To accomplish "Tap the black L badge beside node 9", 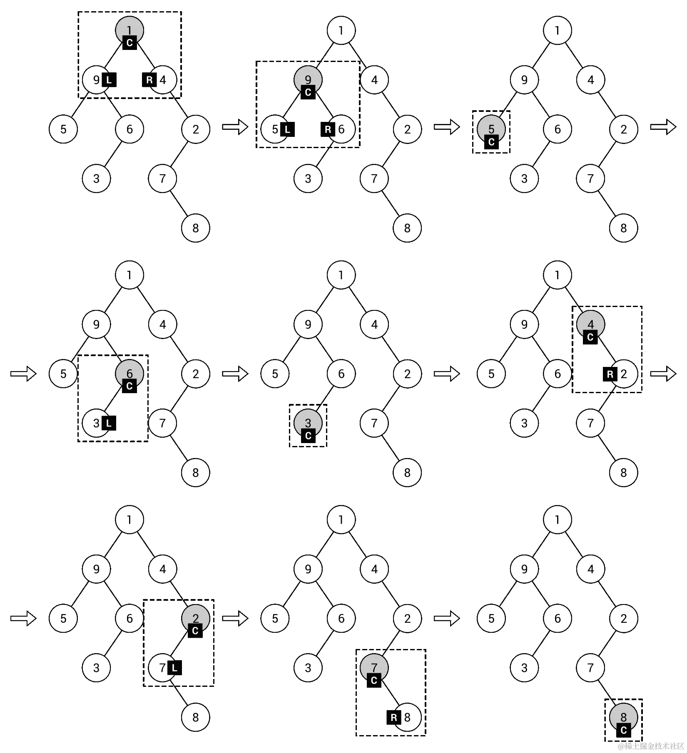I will point(109,80).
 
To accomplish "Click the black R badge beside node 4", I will point(149,80).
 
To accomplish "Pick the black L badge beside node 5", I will point(287,129).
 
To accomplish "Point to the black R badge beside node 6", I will point(328,129).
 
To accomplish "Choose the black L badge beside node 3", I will point(109,424).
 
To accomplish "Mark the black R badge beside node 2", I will point(610,374).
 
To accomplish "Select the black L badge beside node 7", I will point(174,668).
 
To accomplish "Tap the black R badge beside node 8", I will point(394,717).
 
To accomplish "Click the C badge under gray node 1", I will point(129,42).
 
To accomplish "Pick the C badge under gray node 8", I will point(623,730).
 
